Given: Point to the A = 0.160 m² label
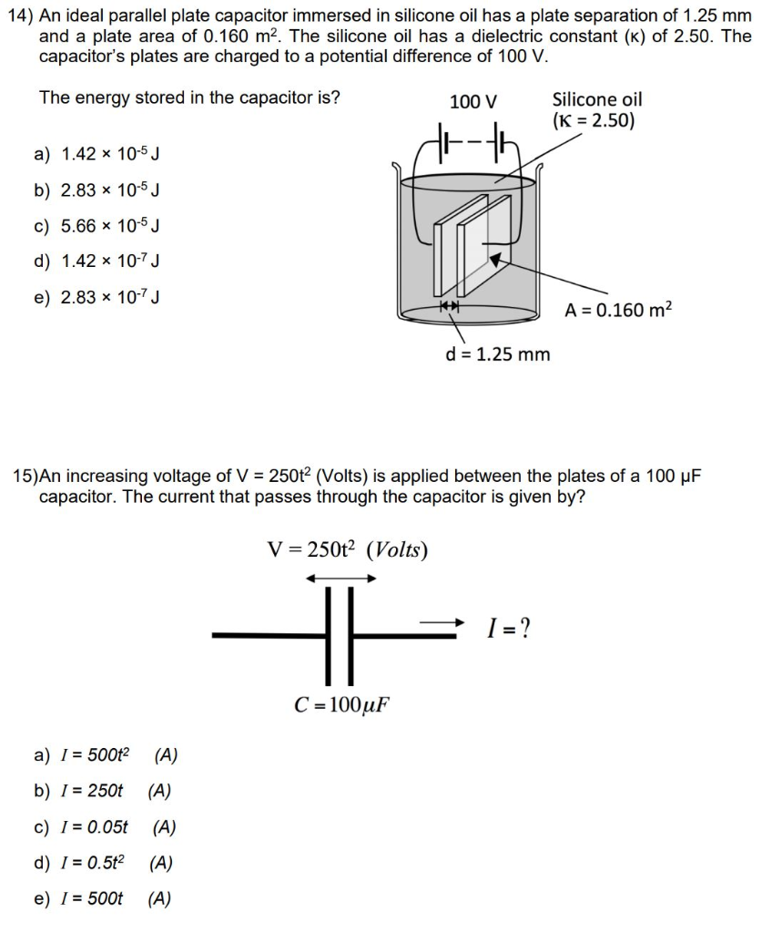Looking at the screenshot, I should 618,310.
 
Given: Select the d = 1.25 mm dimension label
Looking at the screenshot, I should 497,354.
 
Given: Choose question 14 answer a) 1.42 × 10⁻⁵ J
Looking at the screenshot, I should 97,154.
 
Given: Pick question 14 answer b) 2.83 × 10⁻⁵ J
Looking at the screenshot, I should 97,190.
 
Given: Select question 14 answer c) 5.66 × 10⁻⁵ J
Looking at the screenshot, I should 97,226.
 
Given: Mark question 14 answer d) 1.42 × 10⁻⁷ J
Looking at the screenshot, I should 97,261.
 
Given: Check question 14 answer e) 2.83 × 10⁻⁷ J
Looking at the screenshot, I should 97,297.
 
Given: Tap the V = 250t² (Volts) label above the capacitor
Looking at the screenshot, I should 347,549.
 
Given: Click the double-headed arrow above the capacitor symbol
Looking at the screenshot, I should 340,578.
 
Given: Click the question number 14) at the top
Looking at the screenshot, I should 20,17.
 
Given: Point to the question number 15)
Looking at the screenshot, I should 25,477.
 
